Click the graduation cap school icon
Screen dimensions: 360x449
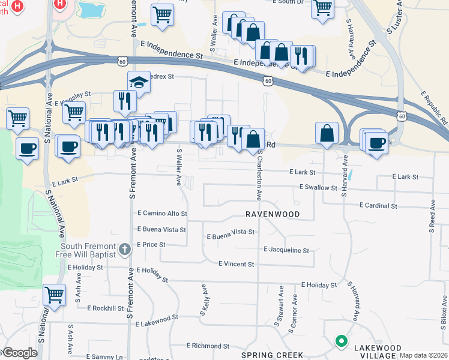139,82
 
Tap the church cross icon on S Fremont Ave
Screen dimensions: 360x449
124,248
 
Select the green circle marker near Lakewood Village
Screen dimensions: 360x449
342,341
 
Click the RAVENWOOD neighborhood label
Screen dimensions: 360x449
272,214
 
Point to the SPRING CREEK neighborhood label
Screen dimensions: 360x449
273,355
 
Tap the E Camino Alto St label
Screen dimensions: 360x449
162,213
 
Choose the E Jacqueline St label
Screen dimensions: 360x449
286,250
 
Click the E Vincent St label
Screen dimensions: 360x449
236,264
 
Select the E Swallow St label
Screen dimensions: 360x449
318,188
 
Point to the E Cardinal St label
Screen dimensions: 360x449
378,205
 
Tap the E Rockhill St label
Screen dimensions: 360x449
105,308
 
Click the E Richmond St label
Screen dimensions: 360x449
208,346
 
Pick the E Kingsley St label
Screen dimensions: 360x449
73,95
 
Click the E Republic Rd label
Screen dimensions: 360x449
434,108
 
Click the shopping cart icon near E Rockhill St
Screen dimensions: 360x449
54,295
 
